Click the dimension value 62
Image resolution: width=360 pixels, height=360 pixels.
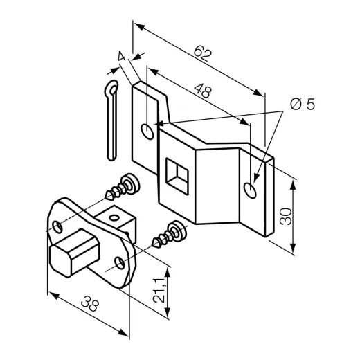[202, 54]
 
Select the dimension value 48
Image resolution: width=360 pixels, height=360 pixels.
[203, 91]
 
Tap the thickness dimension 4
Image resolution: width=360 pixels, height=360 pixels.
[122, 55]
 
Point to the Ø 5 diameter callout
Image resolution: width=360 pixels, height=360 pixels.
[303, 105]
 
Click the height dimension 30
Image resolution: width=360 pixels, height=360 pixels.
[286, 217]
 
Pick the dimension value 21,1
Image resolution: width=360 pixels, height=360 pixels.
[159, 290]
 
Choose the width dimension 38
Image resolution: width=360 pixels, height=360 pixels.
[90, 303]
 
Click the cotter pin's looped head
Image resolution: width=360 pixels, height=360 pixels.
[111, 89]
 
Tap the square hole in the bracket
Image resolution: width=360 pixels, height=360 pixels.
[177, 176]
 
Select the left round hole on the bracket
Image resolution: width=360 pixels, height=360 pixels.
[147, 132]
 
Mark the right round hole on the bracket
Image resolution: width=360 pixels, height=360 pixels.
[250, 190]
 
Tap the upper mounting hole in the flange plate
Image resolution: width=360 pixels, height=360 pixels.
[57, 227]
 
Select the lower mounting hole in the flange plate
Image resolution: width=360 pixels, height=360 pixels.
[120, 262]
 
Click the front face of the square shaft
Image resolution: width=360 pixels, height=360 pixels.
[60, 261]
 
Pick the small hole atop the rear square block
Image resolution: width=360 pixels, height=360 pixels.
[114, 217]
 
